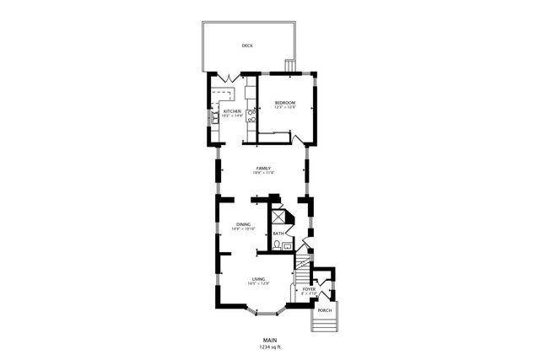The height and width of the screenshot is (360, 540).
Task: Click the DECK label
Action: [x=247, y=46]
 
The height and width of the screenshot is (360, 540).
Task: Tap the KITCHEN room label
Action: [x=232, y=111]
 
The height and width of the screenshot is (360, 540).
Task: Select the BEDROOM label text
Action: [x=285, y=103]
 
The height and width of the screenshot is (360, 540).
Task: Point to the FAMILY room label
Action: [x=263, y=169]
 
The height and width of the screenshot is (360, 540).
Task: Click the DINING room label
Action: [x=243, y=223]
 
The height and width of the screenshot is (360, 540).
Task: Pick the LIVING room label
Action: [x=259, y=278]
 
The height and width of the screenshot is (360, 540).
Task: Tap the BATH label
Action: [x=278, y=234]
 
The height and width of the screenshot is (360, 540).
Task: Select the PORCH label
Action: [x=325, y=311]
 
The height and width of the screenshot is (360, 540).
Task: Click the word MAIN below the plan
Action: [x=269, y=339]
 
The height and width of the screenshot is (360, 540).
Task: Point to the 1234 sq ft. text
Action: [x=269, y=347]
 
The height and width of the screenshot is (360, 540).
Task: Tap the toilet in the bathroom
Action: [x=278, y=246]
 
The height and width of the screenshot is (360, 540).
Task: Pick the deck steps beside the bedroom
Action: [x=291, y=66]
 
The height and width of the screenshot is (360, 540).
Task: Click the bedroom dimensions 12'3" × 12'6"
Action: [x=285, y=108]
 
